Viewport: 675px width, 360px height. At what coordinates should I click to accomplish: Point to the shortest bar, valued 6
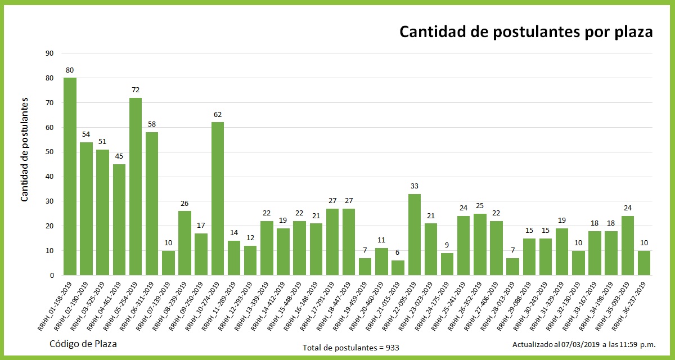click(398, 268)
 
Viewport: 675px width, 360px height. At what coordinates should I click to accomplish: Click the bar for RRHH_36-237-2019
click(644, 263)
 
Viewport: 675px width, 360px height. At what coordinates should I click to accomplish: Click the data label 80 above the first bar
click(70, 70)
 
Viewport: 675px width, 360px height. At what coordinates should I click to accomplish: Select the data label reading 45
click(119, 157)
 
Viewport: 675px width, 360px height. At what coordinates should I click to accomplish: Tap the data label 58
click(152, 125)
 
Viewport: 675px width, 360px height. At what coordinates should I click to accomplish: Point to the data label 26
click(184, 204)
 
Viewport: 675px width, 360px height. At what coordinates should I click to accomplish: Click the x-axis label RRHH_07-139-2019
click(154, 306)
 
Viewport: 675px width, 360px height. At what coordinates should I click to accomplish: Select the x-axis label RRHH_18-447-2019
click(334, 306)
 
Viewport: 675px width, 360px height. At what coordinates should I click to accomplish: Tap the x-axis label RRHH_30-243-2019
click(531, 306)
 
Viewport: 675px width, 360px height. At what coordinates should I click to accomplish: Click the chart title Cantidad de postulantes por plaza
click(526, 32)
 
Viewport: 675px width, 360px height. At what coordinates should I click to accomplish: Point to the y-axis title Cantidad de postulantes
click(25, 149)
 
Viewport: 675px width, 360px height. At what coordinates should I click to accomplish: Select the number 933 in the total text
click(392, 348)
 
